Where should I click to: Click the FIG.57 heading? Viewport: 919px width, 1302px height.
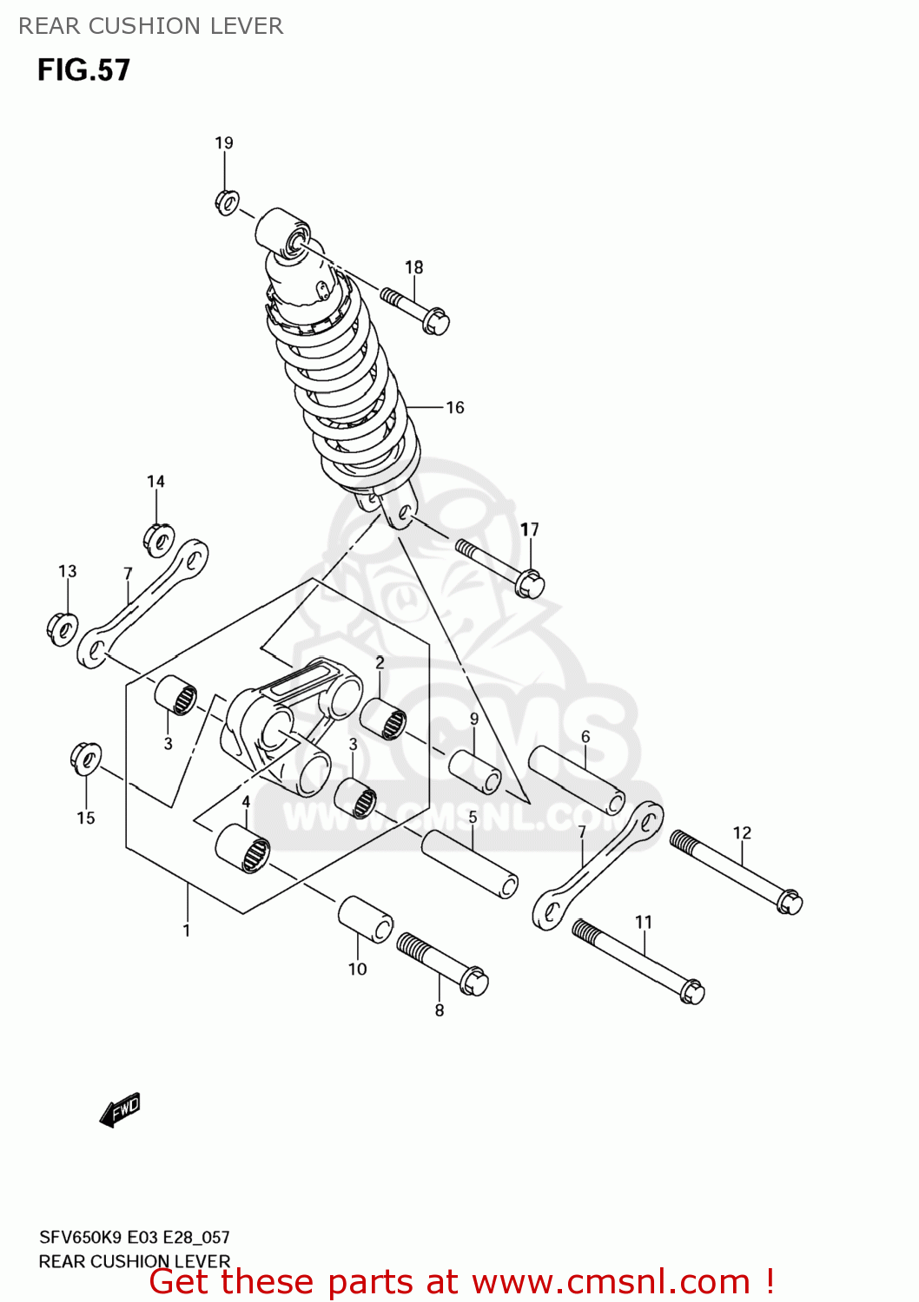tap(83, 69)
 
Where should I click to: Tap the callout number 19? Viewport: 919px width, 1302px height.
tap(224, 143)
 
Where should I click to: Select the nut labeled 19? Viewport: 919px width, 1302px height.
tap(227, 203)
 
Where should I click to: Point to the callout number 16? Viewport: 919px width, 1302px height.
tap(455, 408)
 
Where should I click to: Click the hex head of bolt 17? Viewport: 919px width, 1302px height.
tap(530, 584)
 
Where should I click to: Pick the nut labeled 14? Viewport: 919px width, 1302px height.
tap(159, 540)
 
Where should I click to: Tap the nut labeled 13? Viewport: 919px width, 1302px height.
tap(62, 628)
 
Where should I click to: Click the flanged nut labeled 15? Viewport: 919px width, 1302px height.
tap(86, 759)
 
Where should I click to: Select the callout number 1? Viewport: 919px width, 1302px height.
tap(187, 930)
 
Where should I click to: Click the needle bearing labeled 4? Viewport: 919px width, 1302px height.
tap(243, 847)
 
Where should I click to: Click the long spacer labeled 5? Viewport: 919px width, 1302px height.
tap(470, 863)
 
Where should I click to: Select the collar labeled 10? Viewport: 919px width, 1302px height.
tap(365, 919)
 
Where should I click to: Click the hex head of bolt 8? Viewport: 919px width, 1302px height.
tap(474, 982)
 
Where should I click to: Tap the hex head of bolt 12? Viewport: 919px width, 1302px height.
tap(789, 901)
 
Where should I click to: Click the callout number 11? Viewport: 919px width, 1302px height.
tap(644, 922)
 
